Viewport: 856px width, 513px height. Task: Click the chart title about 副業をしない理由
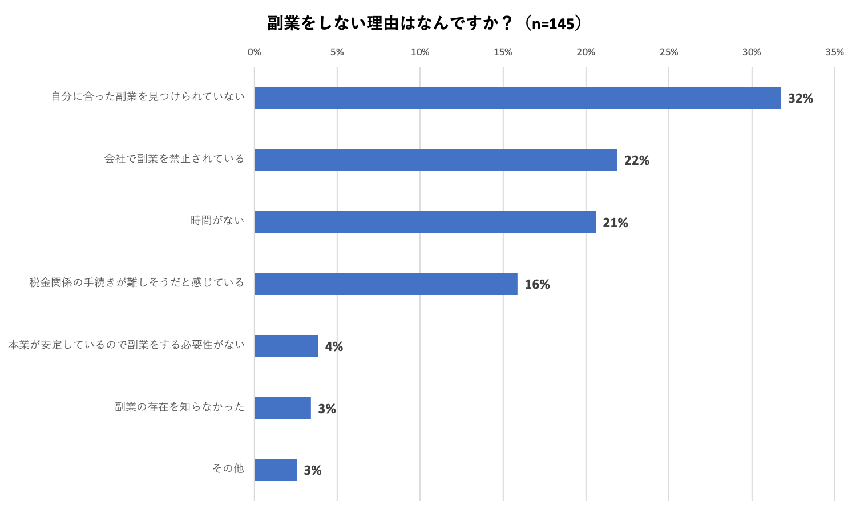(x=425, y=23)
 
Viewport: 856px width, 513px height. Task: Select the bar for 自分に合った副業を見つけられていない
(x=518, y=98)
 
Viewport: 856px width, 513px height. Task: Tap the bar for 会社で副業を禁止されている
(x=436, y=160)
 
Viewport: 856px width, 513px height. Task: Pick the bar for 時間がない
(x=425, y=222)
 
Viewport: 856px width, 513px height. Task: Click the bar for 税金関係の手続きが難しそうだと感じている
(x=386, y=284)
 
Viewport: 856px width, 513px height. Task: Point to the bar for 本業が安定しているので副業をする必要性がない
(x=286, y=346)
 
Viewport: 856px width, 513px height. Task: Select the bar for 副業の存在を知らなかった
(x=282, y=408)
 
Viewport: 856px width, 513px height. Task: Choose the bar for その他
(x=276, y=470)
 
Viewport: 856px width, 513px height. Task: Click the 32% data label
(x=800, y=98)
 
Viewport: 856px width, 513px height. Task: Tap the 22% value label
(x=636, y=160)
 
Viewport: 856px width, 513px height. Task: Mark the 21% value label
(x=615, y=223)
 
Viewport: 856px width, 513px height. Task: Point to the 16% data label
(x=537, y=284)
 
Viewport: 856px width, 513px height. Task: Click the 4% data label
(x=334, y=346)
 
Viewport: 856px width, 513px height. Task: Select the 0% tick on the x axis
(x=254, y=52)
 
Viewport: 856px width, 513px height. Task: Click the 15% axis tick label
(x=503, y=52)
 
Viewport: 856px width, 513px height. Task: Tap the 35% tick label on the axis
(x=834, y=52)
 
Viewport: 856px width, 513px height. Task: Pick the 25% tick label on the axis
(x=669, y=52)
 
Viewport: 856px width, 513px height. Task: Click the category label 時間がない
(x=217, y=220)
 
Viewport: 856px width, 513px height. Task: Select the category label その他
(x=228, y=468)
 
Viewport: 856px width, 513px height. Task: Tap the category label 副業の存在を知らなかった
(x=179, y=407)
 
